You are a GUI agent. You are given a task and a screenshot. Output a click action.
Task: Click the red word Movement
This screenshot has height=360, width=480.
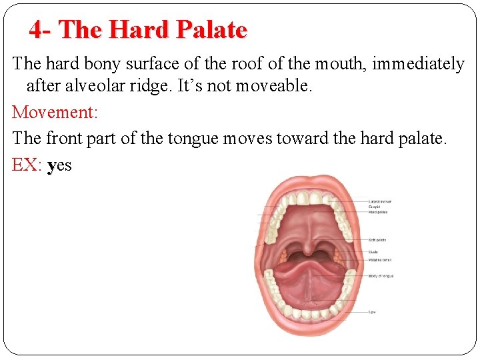pyautogui.click(x=55, y=111)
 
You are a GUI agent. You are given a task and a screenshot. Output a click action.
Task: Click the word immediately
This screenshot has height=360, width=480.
pyautogui.click(x=418, y=64)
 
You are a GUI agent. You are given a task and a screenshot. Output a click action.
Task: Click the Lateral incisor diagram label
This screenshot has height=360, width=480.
pyautogui.click(x=379, y=201)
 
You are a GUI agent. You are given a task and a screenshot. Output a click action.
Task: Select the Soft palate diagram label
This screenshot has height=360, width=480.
pyautogui.click(x=377, y=240)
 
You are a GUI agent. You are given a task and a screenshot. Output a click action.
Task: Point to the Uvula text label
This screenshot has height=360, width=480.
pyautogui.click(x=373, y=252)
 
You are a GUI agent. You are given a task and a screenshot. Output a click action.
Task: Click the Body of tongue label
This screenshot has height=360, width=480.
pyautogui.click(x=381, y=275)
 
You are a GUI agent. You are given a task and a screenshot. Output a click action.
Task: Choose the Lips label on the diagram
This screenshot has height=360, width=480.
pyautogui.click(x=371, y=311)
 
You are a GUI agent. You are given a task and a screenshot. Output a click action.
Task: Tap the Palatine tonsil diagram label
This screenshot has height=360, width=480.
pyautogui.click(x=379, y=260)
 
